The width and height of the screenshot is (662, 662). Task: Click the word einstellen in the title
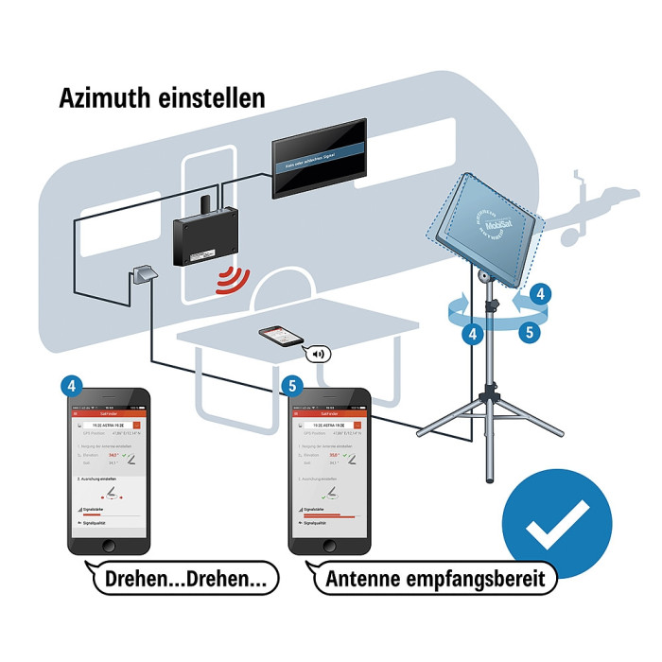(x=211, y=97)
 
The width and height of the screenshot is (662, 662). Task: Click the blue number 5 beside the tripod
(x=531, y=332)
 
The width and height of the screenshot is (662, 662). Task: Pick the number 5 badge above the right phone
(x=290, y=385)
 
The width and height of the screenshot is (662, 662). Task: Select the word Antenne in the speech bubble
(x=371, y=577)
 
